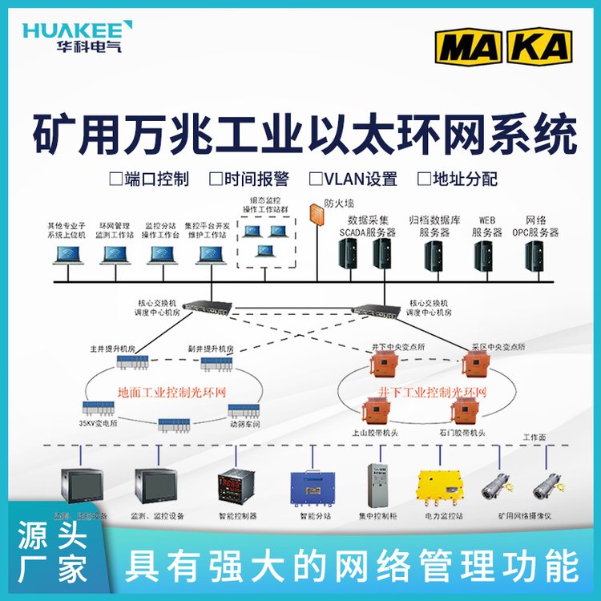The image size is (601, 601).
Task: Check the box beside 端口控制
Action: point(115,178)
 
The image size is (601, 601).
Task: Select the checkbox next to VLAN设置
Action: point(316,178)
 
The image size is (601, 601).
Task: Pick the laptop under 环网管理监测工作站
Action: point(115,255)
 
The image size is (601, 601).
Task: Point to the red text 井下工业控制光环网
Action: point(432,393)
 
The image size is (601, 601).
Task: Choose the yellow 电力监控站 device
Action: point(440,485)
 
